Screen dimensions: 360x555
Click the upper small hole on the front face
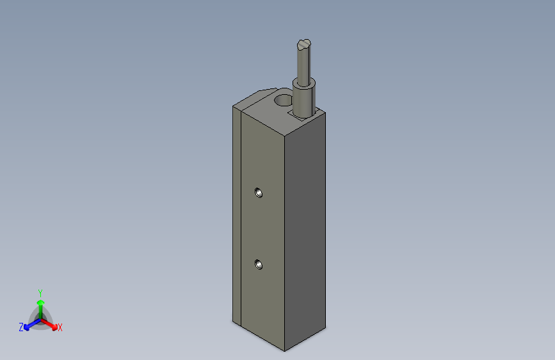tap(258, 192)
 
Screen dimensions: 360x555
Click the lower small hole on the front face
tap(258, 264)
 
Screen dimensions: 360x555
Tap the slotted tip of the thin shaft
tap(304, 44)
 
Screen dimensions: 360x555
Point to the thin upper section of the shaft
tap(304, 64)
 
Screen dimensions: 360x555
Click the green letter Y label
tap(40, 291)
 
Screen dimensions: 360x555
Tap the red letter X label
tap(60, 327)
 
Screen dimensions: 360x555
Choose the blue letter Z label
tap(21, 327)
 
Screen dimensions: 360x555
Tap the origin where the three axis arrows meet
tap(40, 318)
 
